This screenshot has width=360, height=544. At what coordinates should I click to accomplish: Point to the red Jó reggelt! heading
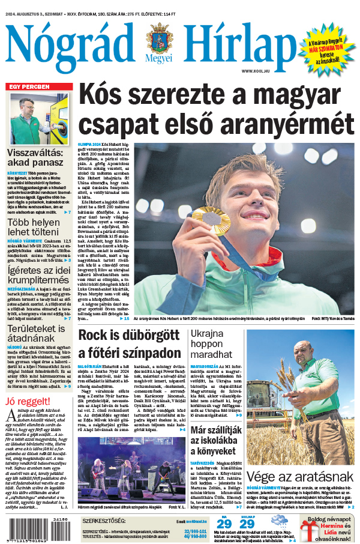click(x=27, y=401)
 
